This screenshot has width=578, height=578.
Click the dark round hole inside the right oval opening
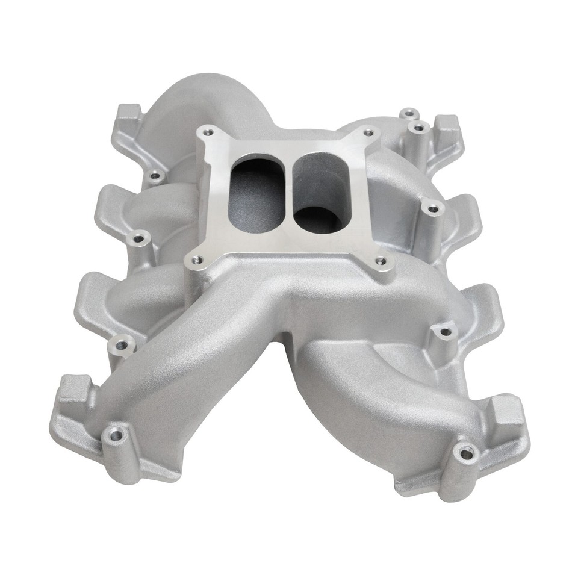click(317, 218)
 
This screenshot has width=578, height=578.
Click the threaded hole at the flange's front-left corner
click(196, 261)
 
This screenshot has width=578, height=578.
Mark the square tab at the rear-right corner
click(447, 126)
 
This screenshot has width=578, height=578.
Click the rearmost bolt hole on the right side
click(409, 113)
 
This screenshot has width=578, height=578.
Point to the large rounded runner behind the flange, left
click(193, 108)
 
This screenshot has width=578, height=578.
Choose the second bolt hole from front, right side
click(445, 332)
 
